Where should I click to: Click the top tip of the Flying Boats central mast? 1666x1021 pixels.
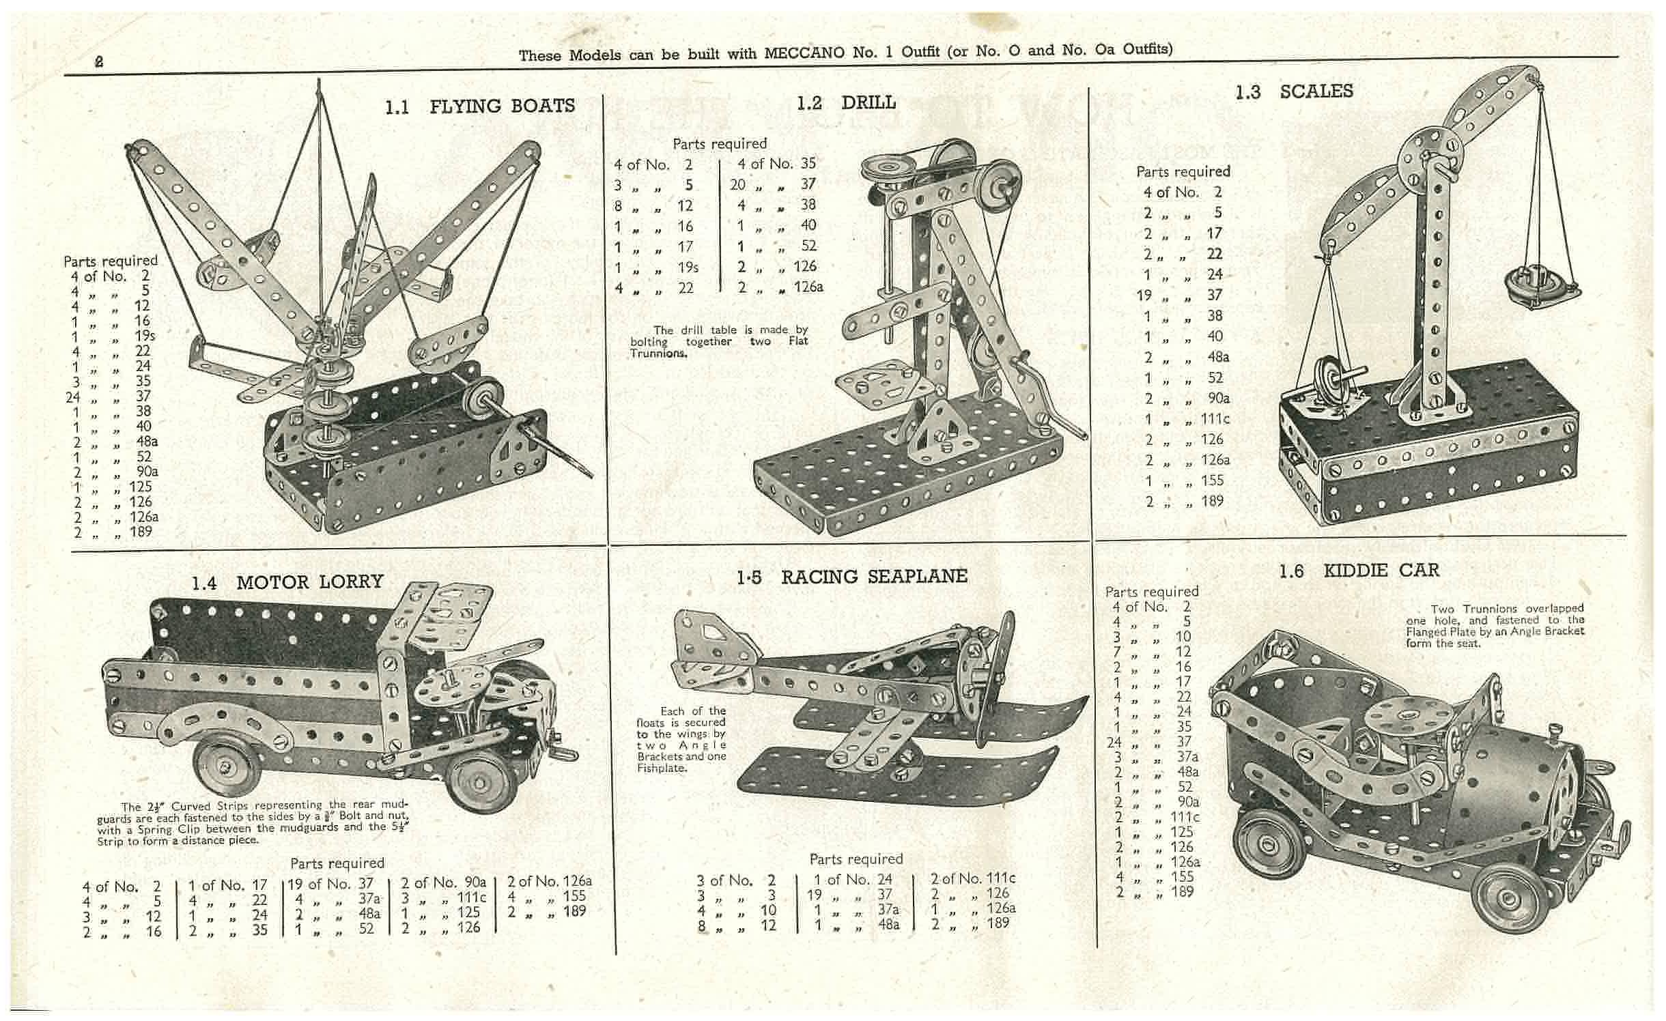(319, 80)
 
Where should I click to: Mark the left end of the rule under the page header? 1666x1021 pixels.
(64, 74)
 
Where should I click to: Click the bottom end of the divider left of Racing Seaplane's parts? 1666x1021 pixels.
(797, 932)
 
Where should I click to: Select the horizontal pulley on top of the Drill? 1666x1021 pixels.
(881, 168)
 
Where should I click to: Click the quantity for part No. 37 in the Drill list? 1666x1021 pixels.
(737, 184)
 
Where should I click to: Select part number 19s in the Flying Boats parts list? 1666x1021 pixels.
(145, 336)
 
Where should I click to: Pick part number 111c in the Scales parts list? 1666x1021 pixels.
(1215, 419)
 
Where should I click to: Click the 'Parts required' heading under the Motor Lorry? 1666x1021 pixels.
(337, 863)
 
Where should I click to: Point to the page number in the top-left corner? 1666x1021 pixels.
(99, 61)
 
